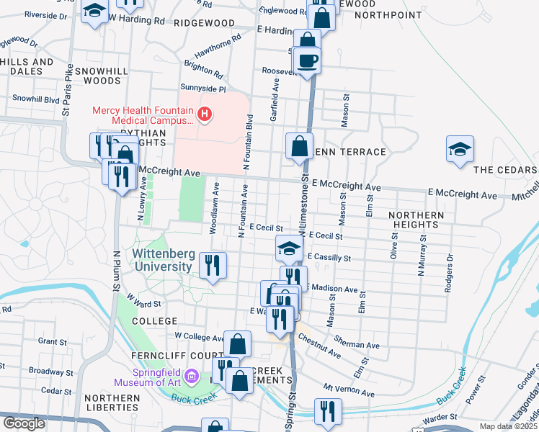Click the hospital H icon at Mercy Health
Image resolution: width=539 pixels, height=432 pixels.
coord(206,114)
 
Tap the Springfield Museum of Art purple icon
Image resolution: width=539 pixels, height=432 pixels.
coord(192,377)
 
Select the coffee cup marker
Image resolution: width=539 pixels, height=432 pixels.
coord(308,60)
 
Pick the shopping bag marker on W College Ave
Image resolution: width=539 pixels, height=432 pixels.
coord(237,344)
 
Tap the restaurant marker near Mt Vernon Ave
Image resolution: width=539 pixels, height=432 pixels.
coord(328,411)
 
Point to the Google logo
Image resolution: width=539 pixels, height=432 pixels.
coord(24,423)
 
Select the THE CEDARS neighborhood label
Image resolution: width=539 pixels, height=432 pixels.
coord(505,170)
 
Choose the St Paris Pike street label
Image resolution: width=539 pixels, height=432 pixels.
coord(67,90)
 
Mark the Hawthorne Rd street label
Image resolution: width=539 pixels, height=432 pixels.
coord(217,46)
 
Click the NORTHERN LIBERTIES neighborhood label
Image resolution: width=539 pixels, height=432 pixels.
coord(111,403)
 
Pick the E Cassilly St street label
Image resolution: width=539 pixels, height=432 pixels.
coord(329,257)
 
